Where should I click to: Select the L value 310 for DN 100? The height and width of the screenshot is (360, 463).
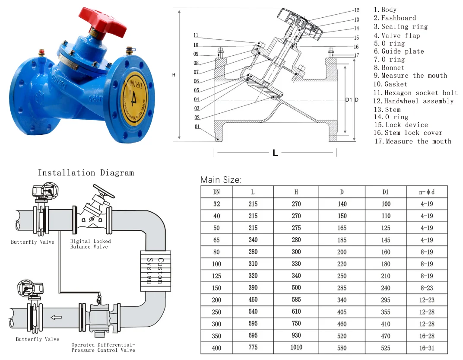[253, 264]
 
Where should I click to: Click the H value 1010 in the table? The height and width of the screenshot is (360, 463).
[296, 347]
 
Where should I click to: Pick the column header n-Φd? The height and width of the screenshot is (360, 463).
[427, 192]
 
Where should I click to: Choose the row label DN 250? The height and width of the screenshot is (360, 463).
[216, 312]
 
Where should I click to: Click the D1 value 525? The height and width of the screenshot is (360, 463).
[386, 347]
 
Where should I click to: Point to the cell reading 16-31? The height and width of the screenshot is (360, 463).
[427, 347]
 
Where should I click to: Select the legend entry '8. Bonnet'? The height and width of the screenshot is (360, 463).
[389, 67]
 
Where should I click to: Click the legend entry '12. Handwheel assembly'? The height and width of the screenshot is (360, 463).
[413, 101]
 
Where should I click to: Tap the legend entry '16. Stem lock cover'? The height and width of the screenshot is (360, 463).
[408, 133]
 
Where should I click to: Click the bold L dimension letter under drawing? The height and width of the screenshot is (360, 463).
[275, 153]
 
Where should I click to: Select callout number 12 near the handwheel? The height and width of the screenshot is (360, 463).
[356, 10]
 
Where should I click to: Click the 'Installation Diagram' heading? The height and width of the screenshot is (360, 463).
[86, 173]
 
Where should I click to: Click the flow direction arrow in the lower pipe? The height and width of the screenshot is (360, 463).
[56, 317]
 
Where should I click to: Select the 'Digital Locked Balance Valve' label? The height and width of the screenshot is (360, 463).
[90, 244]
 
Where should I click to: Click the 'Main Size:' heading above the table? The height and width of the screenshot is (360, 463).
[221, 180]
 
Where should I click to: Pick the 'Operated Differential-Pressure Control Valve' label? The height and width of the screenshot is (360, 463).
[103, 347]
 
